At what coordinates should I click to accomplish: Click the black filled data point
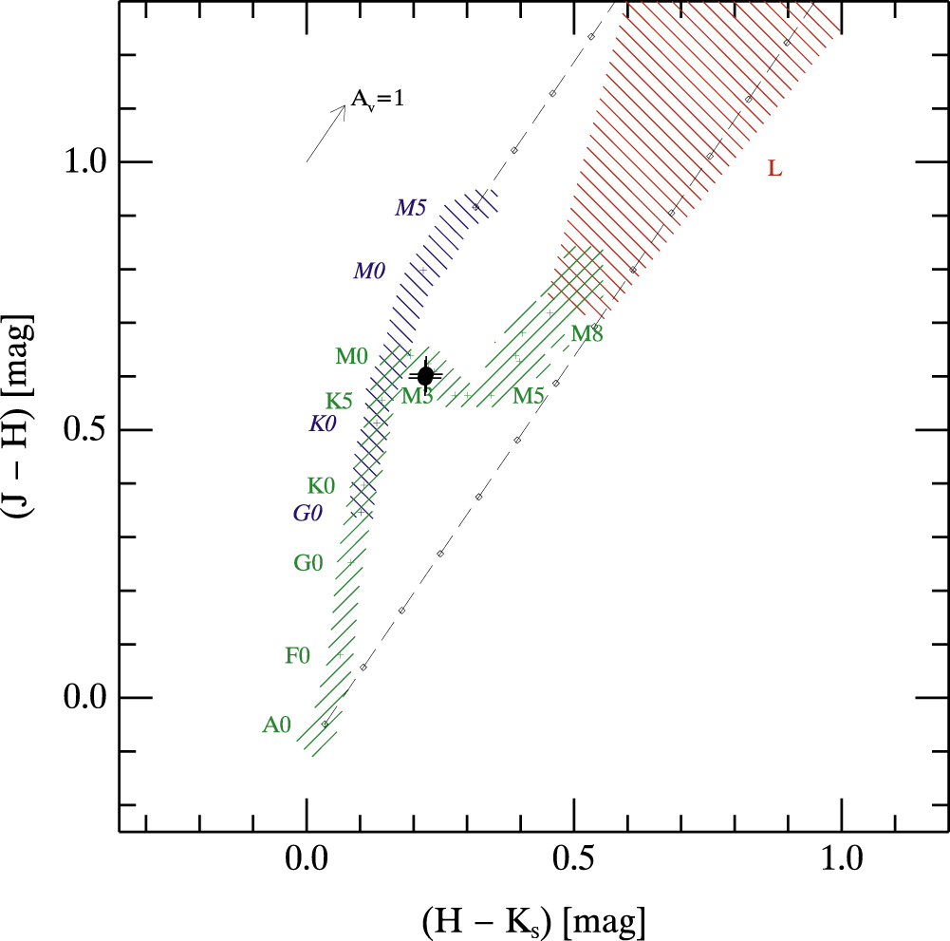pyautogui.click(x=425, y=376)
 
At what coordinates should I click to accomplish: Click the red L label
pyautogui.click(x=774, y=170)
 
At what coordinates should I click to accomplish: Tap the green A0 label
pyautogui.click(x=276, y=725)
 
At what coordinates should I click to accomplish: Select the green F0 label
pyautogui.click(x=297, y=655)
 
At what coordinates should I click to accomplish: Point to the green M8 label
pyautogui.click(x=587, y=334)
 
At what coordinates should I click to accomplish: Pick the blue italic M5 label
pyautogui.click(x=410, y=207)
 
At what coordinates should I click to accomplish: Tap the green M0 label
pyautogui.click(x=351, y=357)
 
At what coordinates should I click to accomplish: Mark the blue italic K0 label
pyautogui.click(x=323, y=424)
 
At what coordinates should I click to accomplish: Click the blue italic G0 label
pyautogui.click(x=307, y=514)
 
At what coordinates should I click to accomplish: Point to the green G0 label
pyautogui.click(x=307, y=563)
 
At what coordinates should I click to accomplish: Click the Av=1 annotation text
pyautogui.click(x=378, y=99)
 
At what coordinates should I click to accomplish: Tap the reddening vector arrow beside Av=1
pyautogui.click(x=326, y=132)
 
